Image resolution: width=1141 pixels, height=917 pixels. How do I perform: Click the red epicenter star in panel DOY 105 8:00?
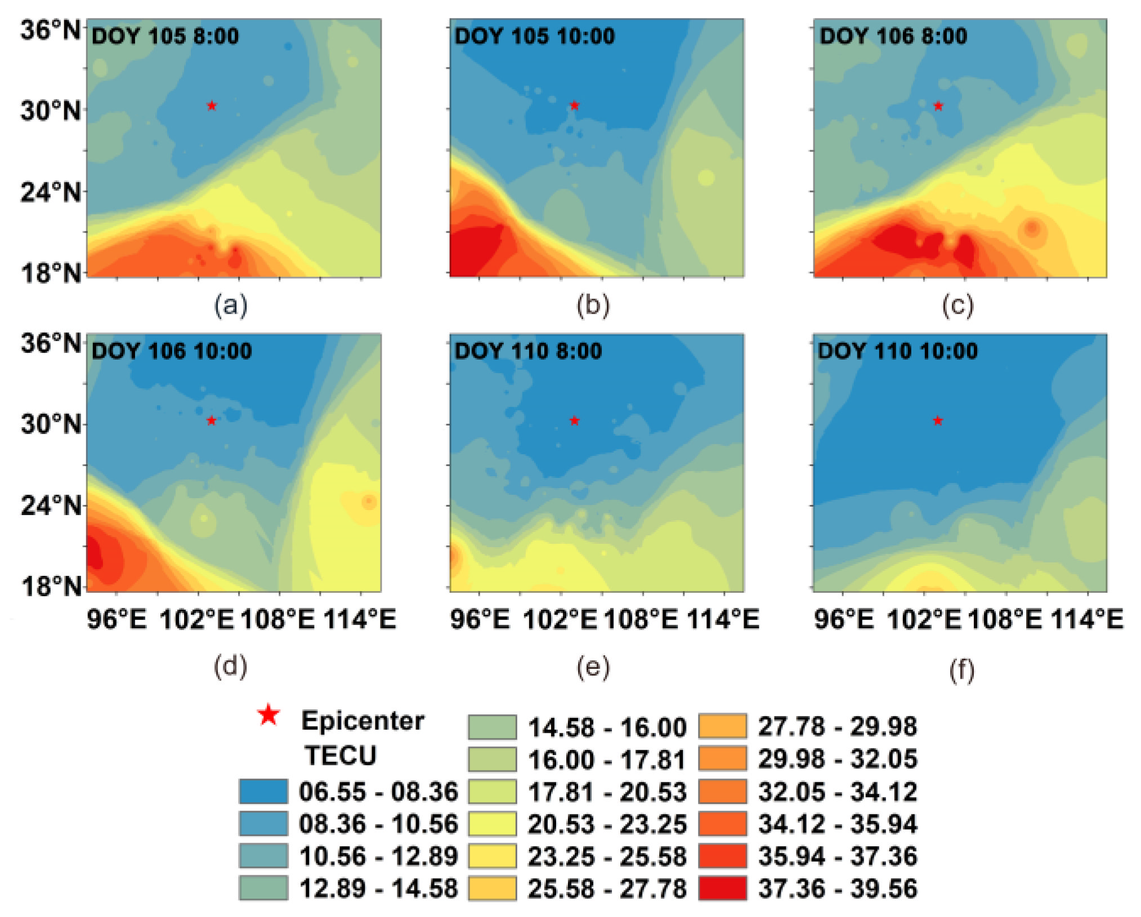[x=212, y=106]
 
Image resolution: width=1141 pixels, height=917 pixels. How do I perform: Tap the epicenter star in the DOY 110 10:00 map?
[x=938, y=421]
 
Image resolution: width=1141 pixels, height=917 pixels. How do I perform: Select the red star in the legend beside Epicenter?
[x=269, y=715]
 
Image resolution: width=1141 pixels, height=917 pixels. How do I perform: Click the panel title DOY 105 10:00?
[x=534, y=37]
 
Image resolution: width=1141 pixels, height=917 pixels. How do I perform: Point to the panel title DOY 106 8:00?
[x=893, y=37]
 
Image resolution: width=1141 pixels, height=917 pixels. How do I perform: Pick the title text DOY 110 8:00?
[x=528, y=351]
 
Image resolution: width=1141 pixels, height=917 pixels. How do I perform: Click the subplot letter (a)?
[x=230, y=306]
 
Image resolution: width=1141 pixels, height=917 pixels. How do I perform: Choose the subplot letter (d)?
[x=230, y=666]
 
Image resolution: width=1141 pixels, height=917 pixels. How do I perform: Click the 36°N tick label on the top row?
[x=51, y=29]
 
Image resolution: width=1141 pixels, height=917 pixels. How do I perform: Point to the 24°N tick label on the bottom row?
[x=51, y=506]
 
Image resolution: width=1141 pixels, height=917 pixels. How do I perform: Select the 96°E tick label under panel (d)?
[x=117, y=620]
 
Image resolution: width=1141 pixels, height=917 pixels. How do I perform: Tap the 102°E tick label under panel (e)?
[x=560, y=620]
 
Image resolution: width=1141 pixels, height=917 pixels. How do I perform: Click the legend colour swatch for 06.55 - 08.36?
[x=263, y=791]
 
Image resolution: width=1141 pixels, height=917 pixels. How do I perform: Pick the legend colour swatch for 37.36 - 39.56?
[x=723, y=888]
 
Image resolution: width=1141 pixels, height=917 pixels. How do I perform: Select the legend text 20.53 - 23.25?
[x=607, y=824]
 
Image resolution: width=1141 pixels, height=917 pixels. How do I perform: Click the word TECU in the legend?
[x=341, y=755]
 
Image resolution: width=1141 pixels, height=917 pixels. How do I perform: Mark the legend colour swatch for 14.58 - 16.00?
[x=492, y=727]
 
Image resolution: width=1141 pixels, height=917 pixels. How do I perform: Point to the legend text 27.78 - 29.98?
[x=837, y=726]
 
